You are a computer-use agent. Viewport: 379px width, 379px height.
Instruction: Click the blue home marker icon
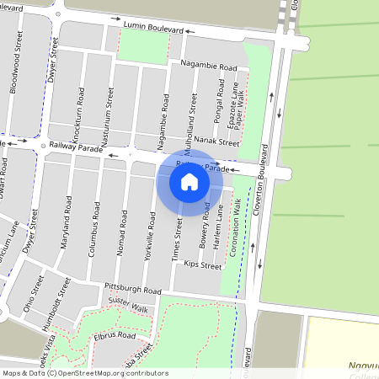click(189, 181)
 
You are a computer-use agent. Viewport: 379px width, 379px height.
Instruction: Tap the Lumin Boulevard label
click(152, 27)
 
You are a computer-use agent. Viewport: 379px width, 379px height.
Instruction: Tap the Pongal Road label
click(221, 100)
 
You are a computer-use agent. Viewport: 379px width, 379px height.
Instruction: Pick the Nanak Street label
click(217, 143)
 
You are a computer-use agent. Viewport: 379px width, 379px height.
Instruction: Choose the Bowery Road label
click(206, 222)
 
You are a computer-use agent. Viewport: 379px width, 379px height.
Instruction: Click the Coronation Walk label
click(238, 222)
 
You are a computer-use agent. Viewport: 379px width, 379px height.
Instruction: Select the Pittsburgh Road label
click(133, 290)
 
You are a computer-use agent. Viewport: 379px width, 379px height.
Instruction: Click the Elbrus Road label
click(115, 334)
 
